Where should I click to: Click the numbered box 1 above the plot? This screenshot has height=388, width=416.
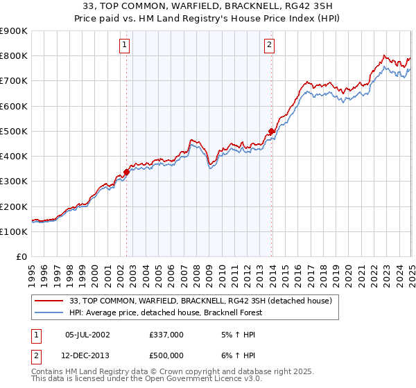[x=124, y=46]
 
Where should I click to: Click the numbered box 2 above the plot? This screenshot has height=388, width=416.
[x=269, y=46]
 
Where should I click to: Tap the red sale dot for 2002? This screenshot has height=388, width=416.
[x=127, y=172]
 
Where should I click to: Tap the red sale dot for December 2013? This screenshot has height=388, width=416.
[x=272, y=131]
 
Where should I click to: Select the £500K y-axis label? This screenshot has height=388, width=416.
[x=15, y=131]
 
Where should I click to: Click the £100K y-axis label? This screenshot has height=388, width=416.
[x=15, y=231]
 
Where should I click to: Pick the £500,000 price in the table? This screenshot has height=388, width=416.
[x=166, y=355]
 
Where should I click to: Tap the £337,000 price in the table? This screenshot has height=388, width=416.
[x=166, y=334]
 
